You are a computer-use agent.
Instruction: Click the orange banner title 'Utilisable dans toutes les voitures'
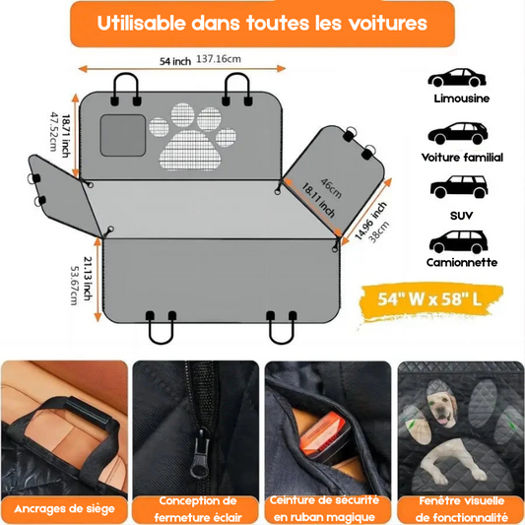point(262,23)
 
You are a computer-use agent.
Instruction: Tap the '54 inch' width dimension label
point(175,61)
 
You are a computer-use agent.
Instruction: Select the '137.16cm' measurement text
point(219,59)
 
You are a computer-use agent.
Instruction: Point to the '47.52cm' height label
point(53,132)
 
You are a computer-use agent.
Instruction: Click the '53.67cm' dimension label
point(74,286)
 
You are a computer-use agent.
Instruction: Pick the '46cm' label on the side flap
point(332,188)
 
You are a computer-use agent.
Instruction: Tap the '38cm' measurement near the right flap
point(379,231)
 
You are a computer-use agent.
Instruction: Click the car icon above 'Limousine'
point(457,78)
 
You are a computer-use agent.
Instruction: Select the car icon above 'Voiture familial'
point(458,133)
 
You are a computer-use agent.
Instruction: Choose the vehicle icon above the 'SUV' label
point(459,186)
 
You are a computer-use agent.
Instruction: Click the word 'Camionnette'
point(462,262)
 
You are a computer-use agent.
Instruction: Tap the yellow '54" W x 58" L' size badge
point(430,299)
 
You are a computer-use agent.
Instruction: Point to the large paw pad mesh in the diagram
point(190,150)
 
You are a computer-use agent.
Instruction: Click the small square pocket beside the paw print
point(123,135)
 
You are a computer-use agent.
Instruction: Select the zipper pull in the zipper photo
point(200,455)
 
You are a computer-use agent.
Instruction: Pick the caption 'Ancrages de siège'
point(65,509)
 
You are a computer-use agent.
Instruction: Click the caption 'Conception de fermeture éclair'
point(198,509)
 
